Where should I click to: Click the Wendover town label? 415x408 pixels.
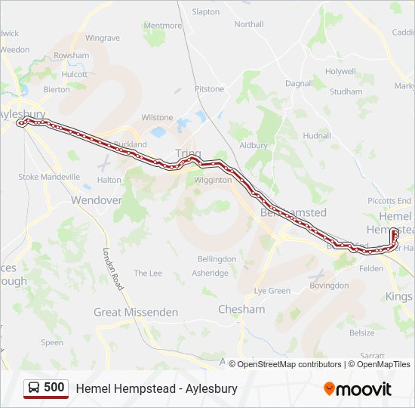point(96,200)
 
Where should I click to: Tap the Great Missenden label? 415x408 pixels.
point(136,312)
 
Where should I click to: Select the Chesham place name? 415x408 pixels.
point(241,309)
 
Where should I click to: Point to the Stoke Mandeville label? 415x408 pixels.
point(49,177)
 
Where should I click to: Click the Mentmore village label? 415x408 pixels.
point(162,25)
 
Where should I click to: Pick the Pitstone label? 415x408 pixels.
point(209,89)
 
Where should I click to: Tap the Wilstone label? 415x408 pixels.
point(157,118)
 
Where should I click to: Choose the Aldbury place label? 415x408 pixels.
point(254,145)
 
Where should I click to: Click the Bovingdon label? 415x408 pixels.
point(329,286)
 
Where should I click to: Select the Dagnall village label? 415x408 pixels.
point(299,83)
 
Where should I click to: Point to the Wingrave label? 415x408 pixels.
point(103,38)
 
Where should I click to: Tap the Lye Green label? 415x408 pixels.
point(272,291)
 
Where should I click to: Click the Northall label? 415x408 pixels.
point(249,24)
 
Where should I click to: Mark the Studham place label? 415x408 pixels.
point(346,91)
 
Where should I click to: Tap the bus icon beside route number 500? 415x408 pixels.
point(34,388)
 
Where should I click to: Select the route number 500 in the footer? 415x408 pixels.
point(54,388)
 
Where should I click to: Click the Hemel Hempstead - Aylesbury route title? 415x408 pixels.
point(156,388)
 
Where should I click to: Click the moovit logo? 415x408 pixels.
point(358,389)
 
